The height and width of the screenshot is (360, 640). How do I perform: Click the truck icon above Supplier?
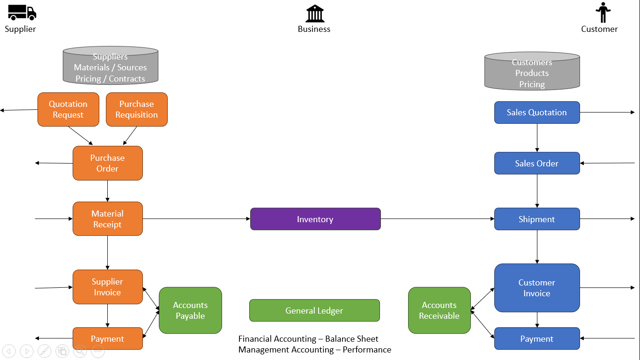22,13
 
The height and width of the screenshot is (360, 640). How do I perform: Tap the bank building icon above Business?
315,14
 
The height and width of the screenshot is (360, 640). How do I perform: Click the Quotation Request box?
68,110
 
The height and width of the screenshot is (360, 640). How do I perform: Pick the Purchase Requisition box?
137,110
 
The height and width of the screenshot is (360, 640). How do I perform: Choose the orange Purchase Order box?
108,163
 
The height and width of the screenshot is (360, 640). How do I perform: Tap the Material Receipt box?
108,219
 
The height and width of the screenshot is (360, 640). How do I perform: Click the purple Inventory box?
315,219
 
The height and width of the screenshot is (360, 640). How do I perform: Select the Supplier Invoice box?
108,287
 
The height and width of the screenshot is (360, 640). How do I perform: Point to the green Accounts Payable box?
190,310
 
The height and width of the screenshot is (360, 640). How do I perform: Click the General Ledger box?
314,311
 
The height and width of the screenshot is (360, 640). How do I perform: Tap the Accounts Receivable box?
439,310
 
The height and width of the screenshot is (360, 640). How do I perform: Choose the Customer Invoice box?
537,288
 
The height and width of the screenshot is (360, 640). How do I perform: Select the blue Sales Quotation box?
537,112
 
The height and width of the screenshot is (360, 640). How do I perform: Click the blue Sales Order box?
537,164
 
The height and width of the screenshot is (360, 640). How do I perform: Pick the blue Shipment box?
537,219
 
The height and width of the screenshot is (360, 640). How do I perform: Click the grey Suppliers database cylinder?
111,66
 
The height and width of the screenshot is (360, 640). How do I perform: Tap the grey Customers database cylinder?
532,71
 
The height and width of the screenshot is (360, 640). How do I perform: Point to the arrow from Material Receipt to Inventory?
197,219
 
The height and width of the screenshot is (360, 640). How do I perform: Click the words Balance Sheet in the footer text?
351,339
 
